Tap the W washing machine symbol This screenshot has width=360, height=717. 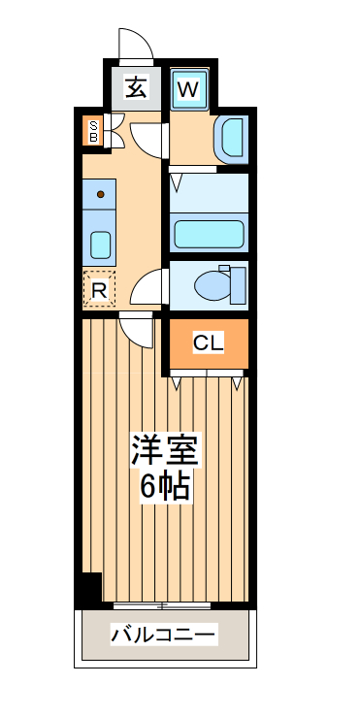pyautogui.click(x=189, y=90)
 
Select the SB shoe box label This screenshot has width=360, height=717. pyautogui.click(x=93, y=131)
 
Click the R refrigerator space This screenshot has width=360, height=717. pyautogui.click(x=99, y=288)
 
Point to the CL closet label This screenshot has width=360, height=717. pyautogui.click(x=208, y=342)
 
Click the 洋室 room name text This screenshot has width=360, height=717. pyautogui.click(x=165, y=452)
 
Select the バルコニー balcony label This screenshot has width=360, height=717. pyautogui.click(x=164, y=636)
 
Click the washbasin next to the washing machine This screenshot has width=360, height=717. pyautogui.click(x=232, y=137)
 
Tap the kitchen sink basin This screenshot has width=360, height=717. pyautogui.click(x=101, y=244)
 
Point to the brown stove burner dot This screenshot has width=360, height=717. pyautogui.click(x=100, y=194)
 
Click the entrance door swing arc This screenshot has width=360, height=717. pyautogui.click(x=135, y=44)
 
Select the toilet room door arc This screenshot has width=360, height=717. pyautogui.click(x=147, y=289)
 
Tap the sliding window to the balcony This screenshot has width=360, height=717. pyautogui.click(x=162, y=605)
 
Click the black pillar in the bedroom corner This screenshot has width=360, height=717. pyautogui.click(x=90, y=588)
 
